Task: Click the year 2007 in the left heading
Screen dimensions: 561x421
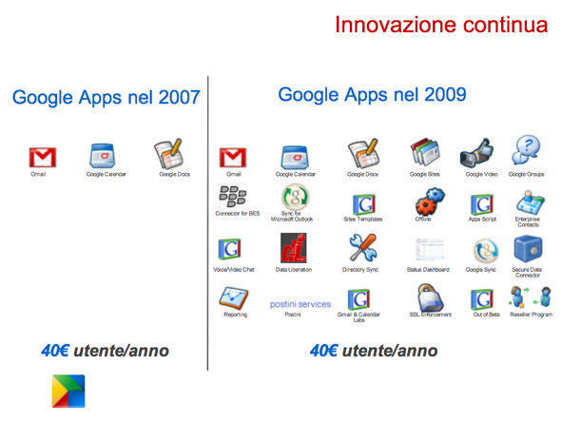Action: (x=180, y=97)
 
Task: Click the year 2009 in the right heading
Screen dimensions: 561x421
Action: (x=445, y=95)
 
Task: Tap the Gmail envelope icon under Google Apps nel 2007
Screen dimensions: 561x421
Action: (x=43, y=158)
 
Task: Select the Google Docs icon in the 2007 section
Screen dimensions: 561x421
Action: (x=169, y=154)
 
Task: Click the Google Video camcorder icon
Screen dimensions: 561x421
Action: (x=476, y=153)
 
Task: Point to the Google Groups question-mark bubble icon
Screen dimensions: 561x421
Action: (x=526, y=150)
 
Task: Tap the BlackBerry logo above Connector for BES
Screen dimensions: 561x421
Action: (x=233, y=196)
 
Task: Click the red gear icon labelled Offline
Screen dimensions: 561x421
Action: (x=430, y=201)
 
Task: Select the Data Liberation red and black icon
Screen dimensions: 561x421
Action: (x=294, y=248)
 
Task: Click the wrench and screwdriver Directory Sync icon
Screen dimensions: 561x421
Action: (x=363, y=247)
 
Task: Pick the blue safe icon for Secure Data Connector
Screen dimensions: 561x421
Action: (x=528, y=249)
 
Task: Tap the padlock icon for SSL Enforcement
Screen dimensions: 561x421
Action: (x=431, y=298)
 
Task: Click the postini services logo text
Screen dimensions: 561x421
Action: (x=300, y=304)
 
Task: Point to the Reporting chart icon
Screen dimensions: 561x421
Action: (x=234, y=298)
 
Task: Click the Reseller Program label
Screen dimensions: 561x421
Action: (x=531, y=315)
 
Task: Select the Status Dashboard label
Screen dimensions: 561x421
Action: (x=428, y=269)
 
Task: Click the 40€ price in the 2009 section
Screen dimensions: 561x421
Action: (x=323, y=351)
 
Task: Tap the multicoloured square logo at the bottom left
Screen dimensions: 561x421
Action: (x=68, y=391)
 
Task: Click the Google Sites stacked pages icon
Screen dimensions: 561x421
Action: (x=425, y=152)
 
